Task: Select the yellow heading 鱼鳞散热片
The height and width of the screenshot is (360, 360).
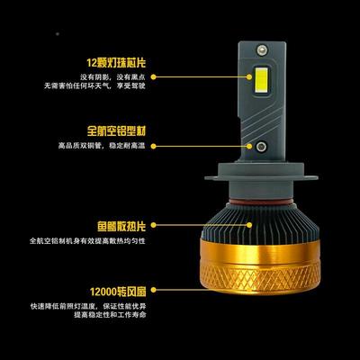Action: click(112, 223)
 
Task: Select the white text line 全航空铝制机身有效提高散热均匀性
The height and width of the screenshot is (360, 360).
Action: click(85, 241)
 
